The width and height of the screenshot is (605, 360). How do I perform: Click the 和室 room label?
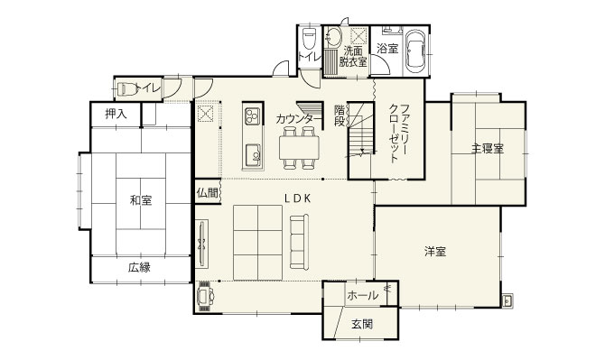click(141, 200)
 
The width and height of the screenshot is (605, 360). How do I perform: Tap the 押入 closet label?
click(116, 114)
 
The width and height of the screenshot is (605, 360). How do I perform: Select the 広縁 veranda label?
click(139, 267)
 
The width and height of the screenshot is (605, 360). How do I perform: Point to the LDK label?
click(297, 198)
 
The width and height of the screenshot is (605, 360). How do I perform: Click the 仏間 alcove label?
click(207, 193)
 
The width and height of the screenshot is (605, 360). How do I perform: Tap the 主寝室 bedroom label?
click(488, 148)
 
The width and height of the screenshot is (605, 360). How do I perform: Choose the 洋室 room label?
click(435, 252)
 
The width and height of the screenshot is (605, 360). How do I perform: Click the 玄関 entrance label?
click(362, 324)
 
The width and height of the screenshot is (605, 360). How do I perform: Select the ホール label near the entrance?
click(363, 296)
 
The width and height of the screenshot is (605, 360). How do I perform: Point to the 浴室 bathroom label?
click(387, 49)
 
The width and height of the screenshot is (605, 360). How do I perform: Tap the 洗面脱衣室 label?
click(353, 56)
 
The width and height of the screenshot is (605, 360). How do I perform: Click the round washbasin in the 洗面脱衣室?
click(332, 38)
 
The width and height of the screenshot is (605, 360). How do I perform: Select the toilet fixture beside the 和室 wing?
click(126, 89)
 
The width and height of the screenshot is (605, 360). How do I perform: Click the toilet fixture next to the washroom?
click(309, 38)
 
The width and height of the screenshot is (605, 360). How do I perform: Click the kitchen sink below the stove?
click(253, 153)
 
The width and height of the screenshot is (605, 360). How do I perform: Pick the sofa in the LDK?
click(300, 242)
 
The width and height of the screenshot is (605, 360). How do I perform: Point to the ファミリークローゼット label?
click(399, 134)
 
